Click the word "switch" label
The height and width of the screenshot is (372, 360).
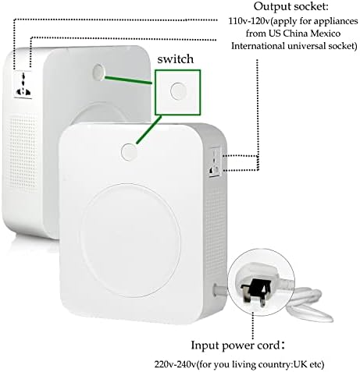(x=176, y=59)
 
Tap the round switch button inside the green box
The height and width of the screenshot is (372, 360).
(x=179, y=91)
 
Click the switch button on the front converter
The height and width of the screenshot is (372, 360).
(x=129, y=151)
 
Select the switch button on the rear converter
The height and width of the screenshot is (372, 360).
(x=98, y=72)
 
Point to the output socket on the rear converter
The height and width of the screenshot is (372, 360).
(x=23, y=84)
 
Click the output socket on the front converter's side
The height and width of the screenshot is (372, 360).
(x=216, y=161)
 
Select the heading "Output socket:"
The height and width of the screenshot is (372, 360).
(x=291, y=6)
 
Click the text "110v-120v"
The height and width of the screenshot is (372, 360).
(x=249, y=21)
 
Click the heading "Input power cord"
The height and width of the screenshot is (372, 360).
(x=235, y=345)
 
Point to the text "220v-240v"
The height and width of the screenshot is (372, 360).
(x=175, y=364)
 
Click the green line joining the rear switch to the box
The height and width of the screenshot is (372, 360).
(x=128, y=80)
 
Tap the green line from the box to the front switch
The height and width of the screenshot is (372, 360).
(x=148, y=129)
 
